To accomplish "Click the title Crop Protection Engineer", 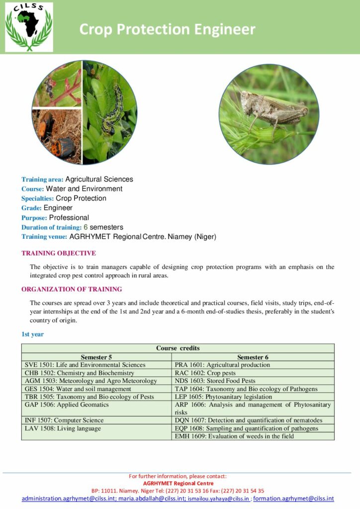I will coord(167,29).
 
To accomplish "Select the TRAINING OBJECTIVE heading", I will coord(59,253).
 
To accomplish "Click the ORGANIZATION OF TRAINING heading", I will coord(72,289).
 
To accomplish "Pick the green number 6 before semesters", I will coord(85,227).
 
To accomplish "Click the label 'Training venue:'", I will coord(44,237).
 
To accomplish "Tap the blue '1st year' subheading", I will coord(32,334).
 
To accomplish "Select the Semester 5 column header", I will coord(96,357).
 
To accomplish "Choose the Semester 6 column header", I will coord(253,357).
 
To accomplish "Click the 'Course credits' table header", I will coord(178,348).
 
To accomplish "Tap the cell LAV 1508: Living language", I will coord(63,428).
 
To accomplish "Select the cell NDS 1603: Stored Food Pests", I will coord(215,381).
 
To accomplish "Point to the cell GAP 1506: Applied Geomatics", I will coord(67,405).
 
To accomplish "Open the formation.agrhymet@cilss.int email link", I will coord(293,499).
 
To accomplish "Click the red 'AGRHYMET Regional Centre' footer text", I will coord(178,483).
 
